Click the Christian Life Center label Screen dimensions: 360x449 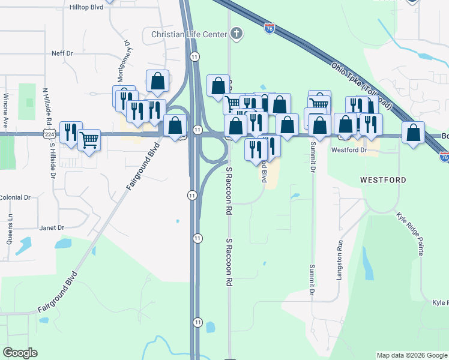[x=189, y=34]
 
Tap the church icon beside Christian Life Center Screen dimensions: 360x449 [x=237, y=33]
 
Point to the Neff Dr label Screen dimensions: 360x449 [x=62, y=53]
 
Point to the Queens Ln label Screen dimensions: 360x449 [x=10, y=230]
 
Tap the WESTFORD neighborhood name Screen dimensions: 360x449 [x=383, y=180]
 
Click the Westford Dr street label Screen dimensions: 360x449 [x=349, y=150]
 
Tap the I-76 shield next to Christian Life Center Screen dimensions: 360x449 [x=270, y=26]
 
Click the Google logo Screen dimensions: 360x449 [x=20, y=353]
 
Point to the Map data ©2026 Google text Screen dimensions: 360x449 [x=411, y=355]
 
